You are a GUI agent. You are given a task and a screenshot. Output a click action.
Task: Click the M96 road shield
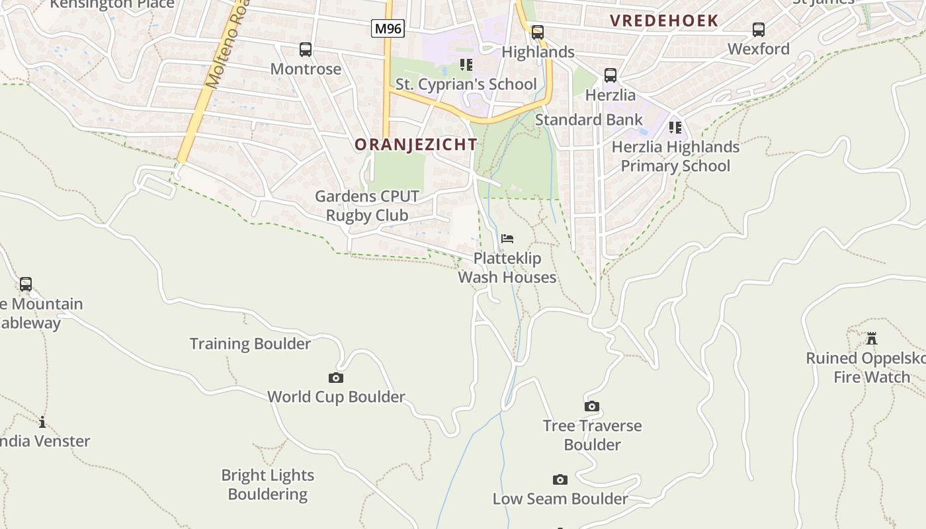click(388, 28)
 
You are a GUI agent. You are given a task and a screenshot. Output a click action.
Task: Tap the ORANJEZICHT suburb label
click(415, 144)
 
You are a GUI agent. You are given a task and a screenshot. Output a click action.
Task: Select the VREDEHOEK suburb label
click(664, 20)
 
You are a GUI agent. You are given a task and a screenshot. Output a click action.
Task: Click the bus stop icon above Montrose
click(306, 50)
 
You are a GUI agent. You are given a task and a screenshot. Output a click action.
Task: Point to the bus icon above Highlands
click(538, 32)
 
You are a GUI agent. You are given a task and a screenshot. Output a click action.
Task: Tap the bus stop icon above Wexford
click(759, 30)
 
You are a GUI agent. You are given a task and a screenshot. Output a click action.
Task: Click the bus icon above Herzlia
click(610, 76)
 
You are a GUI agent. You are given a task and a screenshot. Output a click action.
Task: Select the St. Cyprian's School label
click(466, 84)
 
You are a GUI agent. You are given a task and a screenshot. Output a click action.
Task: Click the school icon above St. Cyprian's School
click(466, 65)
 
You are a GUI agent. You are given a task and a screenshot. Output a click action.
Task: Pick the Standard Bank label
click(589, 120)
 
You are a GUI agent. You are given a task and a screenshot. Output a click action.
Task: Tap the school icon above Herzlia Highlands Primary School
click(675, 127)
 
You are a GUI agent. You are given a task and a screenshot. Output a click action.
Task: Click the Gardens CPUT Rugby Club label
click(367, 206)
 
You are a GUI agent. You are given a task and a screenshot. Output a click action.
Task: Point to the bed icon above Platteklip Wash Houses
click(507, 239)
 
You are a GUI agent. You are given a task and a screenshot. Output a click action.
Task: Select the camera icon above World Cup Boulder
click(336, 378)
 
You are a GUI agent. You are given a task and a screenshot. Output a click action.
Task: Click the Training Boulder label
click(250, 344)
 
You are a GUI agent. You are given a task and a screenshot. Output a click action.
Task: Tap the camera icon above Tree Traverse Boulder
click(592, 407)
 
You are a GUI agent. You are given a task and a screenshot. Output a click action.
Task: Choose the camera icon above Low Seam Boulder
click(560, 480)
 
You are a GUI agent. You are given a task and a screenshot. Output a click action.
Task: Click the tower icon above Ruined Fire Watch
click(872, 339)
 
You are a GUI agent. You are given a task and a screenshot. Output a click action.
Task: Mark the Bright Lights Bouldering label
click(268, 485)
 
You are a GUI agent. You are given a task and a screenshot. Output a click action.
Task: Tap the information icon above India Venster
click(42, 423)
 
